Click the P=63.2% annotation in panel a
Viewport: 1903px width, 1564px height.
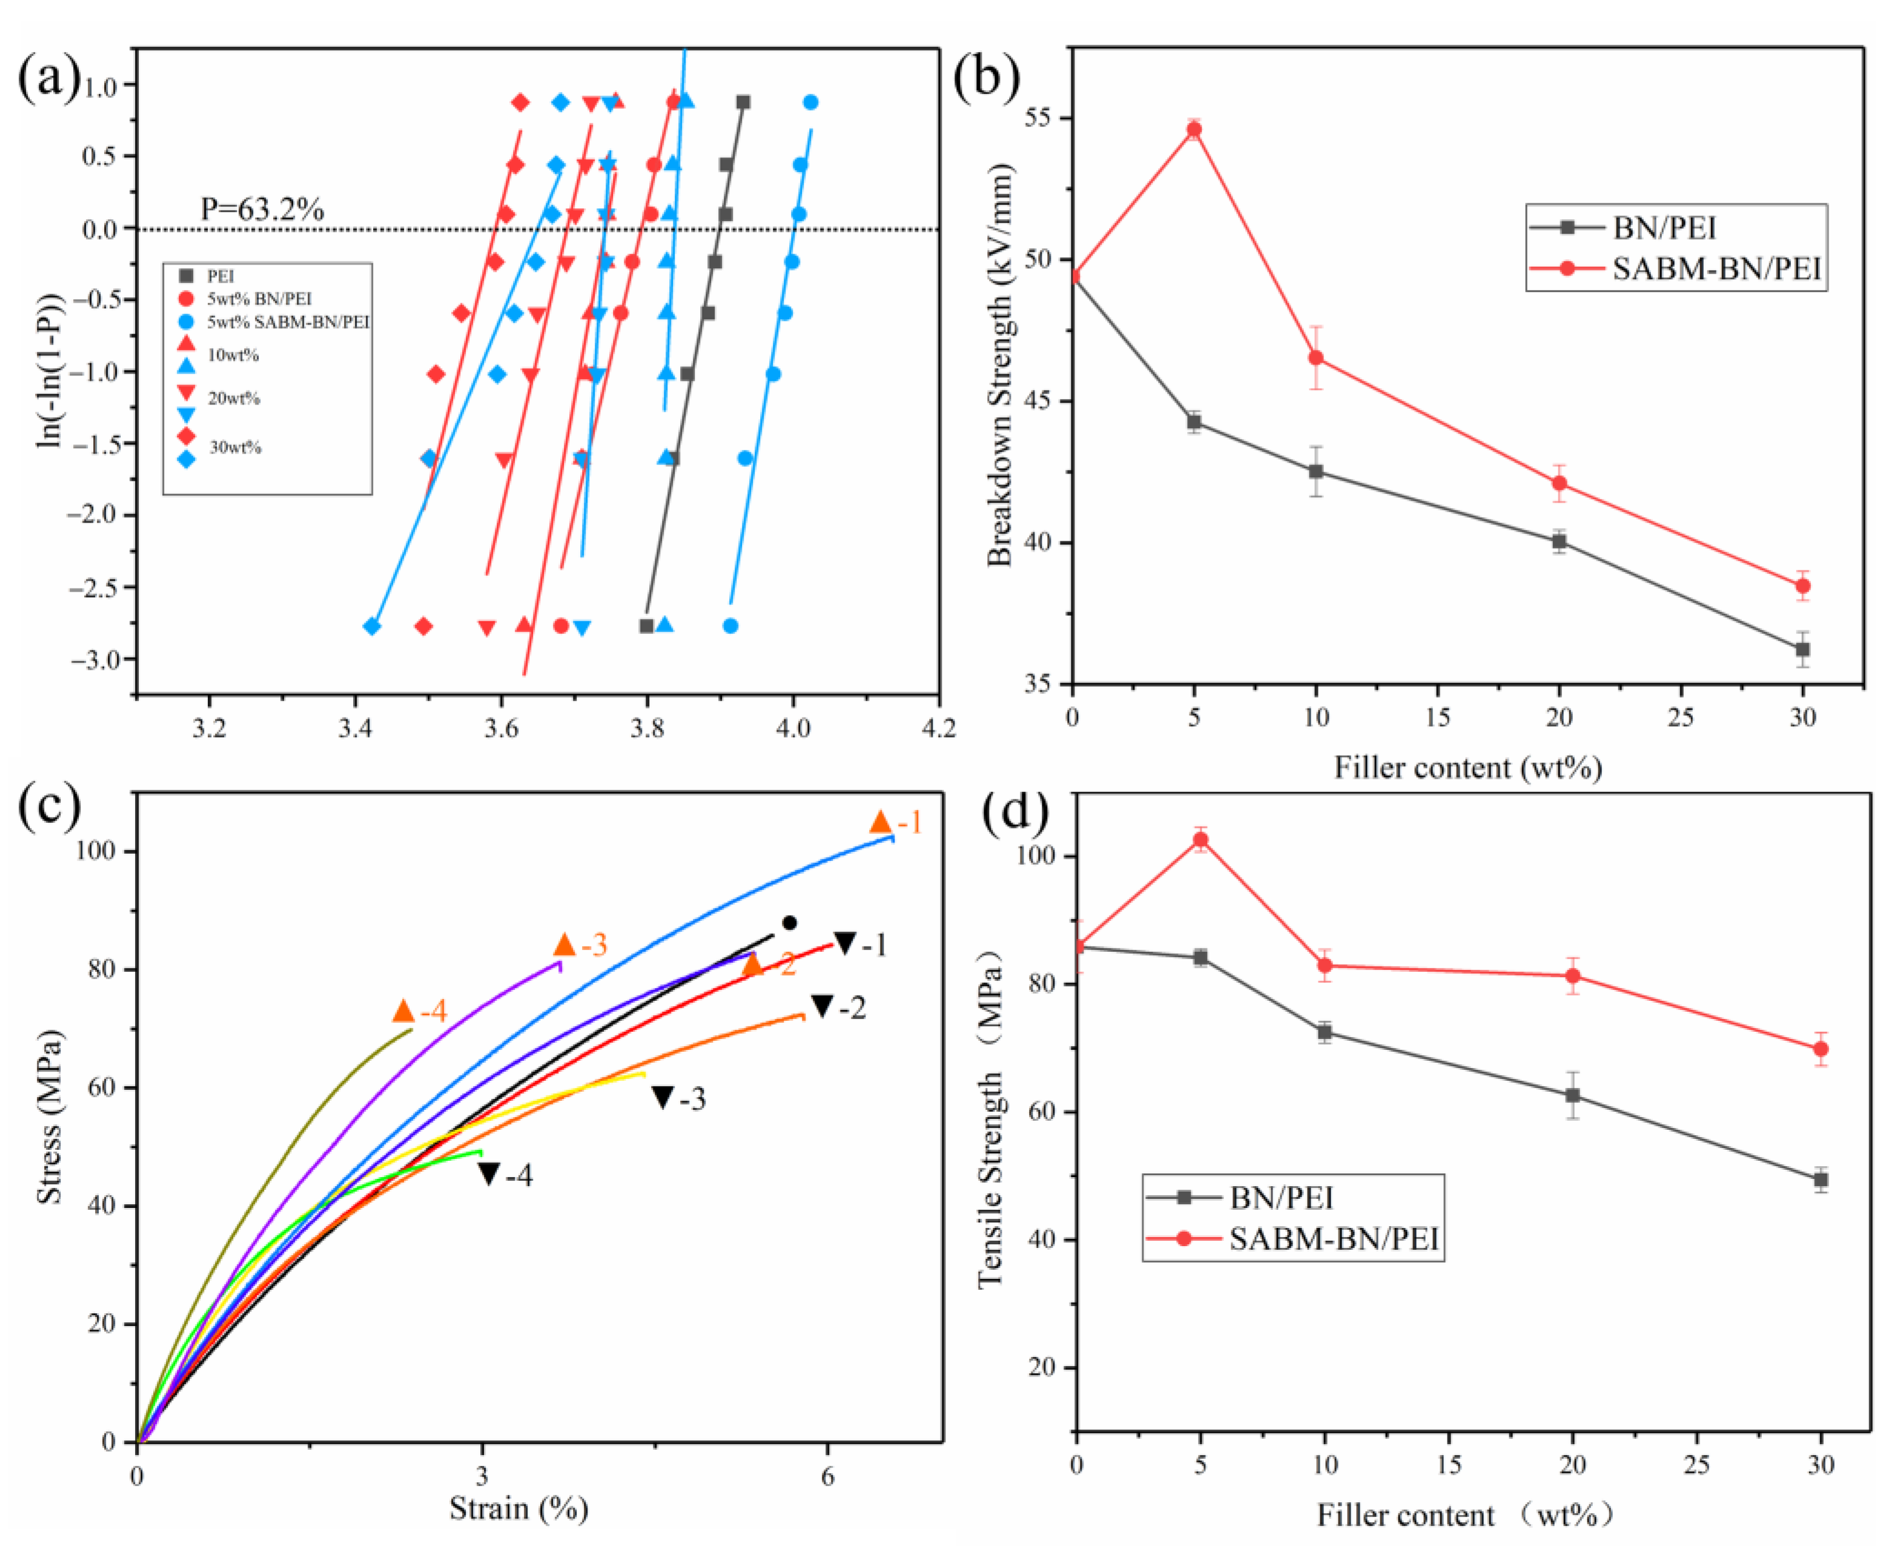(261, 209)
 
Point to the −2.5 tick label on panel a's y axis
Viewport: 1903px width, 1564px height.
(98, 587)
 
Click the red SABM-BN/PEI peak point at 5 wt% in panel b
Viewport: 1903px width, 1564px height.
(1194, 129)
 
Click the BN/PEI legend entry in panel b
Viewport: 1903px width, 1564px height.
(1663, 228)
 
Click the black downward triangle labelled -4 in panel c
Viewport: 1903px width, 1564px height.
(488, 1173)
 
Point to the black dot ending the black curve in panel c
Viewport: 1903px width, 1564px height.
(789, 923)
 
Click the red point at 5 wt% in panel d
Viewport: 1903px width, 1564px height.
(1200, 840)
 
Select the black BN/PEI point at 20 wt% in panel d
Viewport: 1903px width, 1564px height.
(1572, 1095)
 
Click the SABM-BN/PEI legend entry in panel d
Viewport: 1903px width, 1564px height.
(1334, 1239)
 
